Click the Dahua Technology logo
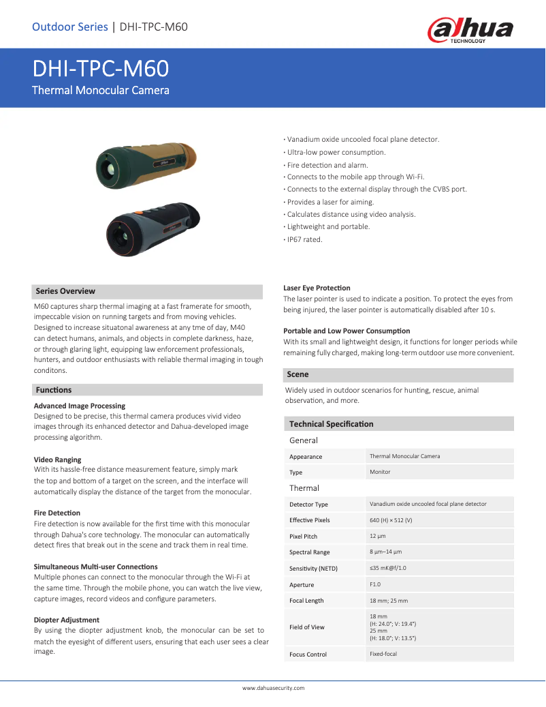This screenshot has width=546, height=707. [x=470, y=30]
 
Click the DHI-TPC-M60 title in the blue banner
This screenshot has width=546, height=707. [x=101, y=69]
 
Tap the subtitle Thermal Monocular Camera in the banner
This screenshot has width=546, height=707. [x=101, y=90]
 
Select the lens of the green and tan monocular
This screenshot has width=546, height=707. [x=109, y=168]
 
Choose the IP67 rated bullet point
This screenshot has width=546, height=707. [x=304, y=239]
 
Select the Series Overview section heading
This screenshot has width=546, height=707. [x=65, y=291]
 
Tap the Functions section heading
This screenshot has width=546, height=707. [x=54, y=390]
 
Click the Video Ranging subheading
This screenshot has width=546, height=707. [x=57, y=460]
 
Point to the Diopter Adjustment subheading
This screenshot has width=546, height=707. [x=67, y=620]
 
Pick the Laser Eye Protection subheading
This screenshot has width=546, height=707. [x=317, y=288]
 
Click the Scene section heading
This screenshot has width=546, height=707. [x=298, y=374]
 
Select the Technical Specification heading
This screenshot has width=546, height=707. [x=331, y=424]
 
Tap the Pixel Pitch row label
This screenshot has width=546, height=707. [x=303, y=537]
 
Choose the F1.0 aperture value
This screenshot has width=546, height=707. [x=375, y=584]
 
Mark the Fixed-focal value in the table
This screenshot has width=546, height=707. [x=383, y=654]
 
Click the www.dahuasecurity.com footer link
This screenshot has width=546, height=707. [x=273, y=688]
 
